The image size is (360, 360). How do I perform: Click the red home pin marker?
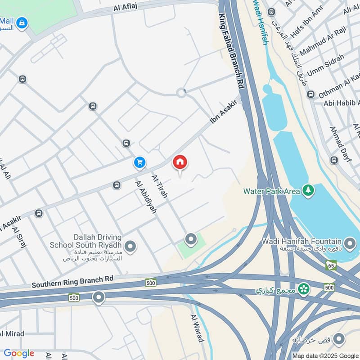click(180, 163)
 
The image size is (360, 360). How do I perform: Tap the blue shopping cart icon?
click(139, 163)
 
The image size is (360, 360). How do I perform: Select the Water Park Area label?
click(271, 191)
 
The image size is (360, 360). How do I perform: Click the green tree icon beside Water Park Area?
click(308, 190)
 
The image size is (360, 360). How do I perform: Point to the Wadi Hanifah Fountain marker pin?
click(350, 244)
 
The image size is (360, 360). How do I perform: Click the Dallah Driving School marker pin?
click(130, 247)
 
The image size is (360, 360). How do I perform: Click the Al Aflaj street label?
click(126, 7)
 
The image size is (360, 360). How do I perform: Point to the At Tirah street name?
click(159, 186)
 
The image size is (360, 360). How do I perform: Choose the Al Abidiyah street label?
click(145, 197)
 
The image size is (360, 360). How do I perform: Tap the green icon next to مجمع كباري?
click(304, 288)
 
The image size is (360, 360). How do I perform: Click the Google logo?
click(18, 353)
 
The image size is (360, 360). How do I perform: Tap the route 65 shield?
click(331, 265)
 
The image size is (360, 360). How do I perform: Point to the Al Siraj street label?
click(20, 238)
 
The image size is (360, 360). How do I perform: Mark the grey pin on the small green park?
click(191, 239)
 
